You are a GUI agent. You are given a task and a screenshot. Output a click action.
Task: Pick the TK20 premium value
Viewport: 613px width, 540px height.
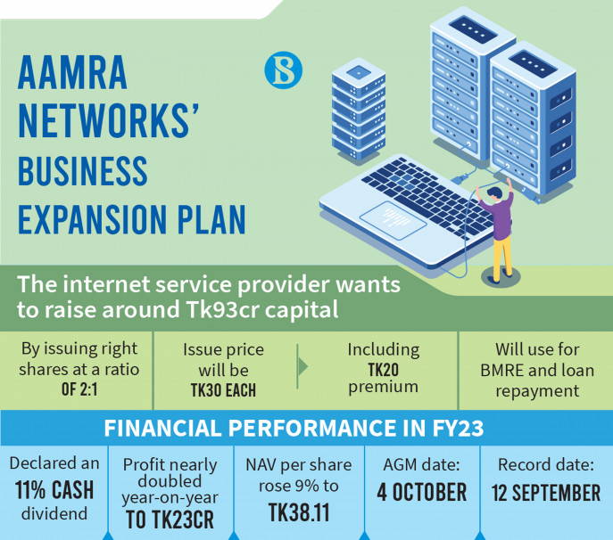click(x=384, y=369)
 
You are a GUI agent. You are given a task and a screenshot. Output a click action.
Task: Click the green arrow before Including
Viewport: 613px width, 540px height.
click(x=303, y=366)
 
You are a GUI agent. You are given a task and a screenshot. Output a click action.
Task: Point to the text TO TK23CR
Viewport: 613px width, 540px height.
click(x=170, y=520)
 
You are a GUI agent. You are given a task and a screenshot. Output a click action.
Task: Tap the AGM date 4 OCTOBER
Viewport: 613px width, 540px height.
click(x=421, y=492)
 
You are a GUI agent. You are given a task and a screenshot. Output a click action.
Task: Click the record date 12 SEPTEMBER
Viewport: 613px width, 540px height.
click(x=546, y=492)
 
